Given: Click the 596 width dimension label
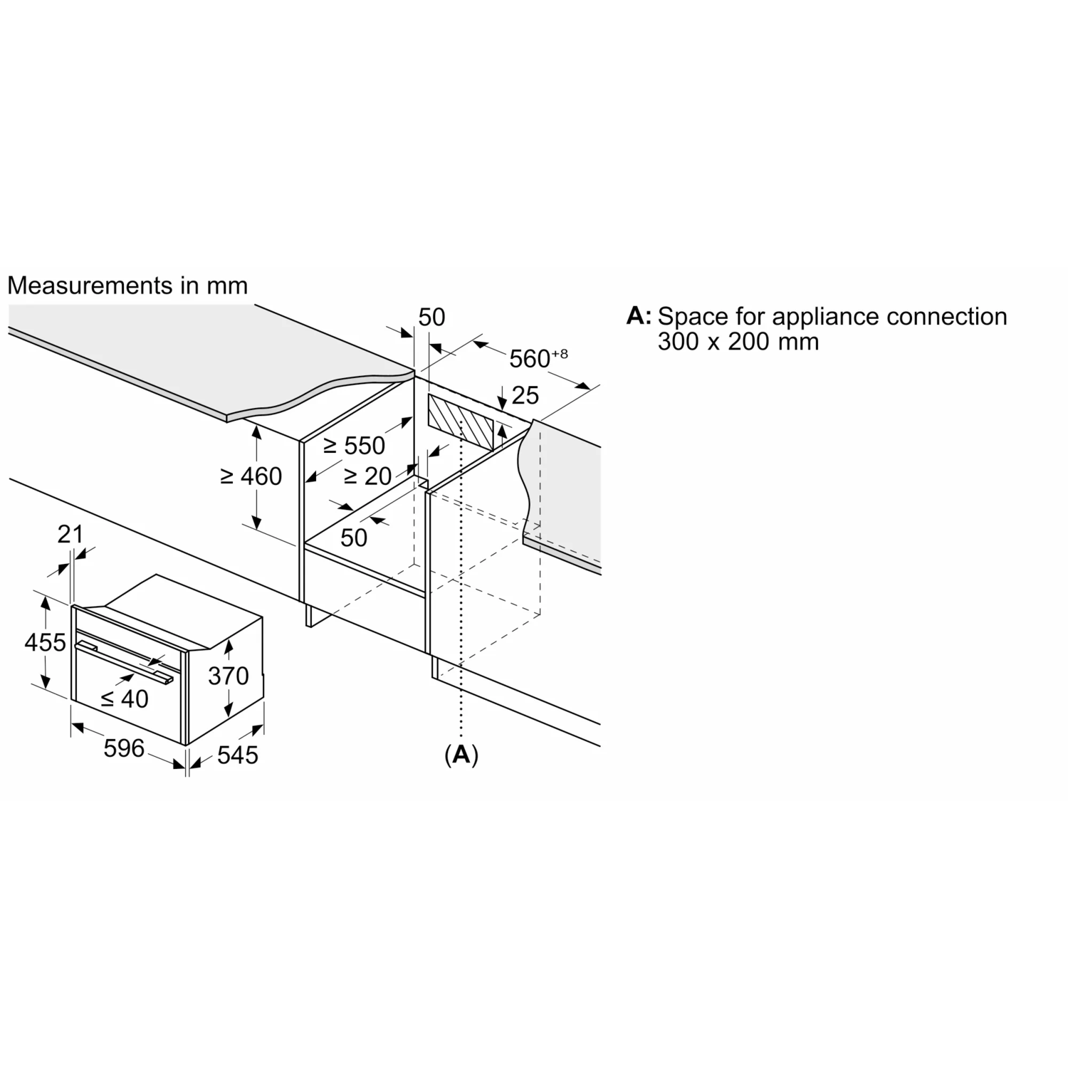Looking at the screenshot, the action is point(124,748).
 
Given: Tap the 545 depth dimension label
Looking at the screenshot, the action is point(238,755).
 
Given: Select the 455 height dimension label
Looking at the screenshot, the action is point(45,642).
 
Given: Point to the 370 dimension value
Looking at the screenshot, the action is point(229,676).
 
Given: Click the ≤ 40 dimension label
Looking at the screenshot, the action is point(125,698).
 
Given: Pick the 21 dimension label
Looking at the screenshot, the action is point(70,534).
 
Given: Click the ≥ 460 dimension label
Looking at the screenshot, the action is point(251,476).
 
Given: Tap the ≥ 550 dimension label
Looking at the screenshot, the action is point(354,445).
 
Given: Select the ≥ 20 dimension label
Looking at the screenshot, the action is point(367,476).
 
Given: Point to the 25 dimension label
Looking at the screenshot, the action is point(525,395).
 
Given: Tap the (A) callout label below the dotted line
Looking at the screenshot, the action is point(461,755).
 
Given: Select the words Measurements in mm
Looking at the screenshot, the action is point(127,286).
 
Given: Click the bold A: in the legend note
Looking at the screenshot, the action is point(639,315).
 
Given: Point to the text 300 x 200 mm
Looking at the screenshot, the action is point(738,342).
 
